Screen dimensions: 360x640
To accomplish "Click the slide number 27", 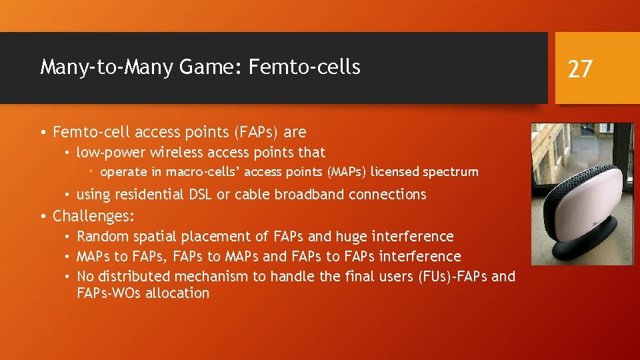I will (x=579, y=69).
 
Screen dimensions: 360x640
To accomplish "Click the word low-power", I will (x=110, y=153).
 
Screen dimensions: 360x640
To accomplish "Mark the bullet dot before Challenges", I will (x=43, y=217).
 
